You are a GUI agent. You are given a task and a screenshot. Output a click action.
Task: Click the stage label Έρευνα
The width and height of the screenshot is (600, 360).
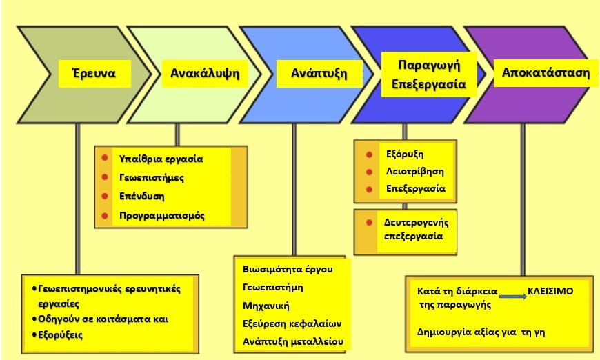pyautogui.click(x=94, y=72)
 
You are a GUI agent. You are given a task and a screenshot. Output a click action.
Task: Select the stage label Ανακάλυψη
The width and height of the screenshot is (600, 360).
pyautogui.click(x=205, y=74)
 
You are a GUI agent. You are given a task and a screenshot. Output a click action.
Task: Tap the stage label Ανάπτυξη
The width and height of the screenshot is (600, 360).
pyautogui.click(x=319, y=74)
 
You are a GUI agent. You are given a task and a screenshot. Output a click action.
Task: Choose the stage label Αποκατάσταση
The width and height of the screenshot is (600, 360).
pyautogui.click(x=546, y=72)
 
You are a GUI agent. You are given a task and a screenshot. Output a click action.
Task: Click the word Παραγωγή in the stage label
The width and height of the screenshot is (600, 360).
pyautogui.click(x=429, y=66)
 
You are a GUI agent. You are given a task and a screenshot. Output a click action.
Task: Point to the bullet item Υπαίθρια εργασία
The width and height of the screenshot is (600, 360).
pyautogui.click(x=161, y=159)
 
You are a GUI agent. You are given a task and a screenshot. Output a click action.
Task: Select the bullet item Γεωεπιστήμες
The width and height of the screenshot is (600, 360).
pyautogui.click(x=152, y=178)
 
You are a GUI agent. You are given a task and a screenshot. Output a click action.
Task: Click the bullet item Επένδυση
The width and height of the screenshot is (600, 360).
pyautogui.click(x=141, y=197)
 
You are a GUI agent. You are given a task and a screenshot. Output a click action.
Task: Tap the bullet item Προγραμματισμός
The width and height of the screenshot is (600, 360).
pyautogui.click(x=162, y=216)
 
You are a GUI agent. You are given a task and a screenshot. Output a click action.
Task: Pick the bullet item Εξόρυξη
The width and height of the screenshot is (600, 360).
pyautogui.click(x=405, y=154)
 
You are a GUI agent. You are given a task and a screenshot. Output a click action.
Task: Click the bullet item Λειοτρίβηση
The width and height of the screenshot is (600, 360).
pyautogui.click(x=414, y=172)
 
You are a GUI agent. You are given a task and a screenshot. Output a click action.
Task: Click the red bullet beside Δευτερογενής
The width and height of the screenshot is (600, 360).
pyautogui.click(x=369, y=223)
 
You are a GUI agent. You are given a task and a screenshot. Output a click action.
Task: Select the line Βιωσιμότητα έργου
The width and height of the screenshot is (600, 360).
pyautogui.click(x=288, y=270)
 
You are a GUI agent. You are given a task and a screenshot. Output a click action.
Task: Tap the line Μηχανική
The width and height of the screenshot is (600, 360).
pyautogui.click(x=266, y=306)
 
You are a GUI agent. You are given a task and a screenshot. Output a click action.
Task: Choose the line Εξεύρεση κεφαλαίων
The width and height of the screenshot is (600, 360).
pyautogui.click(x=292, y=324)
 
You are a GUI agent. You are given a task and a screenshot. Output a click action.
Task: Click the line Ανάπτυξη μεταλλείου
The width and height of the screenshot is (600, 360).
pyautogui.click(x=292, y=341)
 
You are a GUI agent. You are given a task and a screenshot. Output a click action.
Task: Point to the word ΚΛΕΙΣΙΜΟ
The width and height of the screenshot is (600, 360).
pyautogui.click(x=550, y=292)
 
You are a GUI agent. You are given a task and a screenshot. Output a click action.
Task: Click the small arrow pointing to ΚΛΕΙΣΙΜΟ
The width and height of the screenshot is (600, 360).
pyautogui.click(x=513, y=297)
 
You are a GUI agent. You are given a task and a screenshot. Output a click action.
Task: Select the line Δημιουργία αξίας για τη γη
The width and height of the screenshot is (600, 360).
pyautogui.click(x=481, y=332)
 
